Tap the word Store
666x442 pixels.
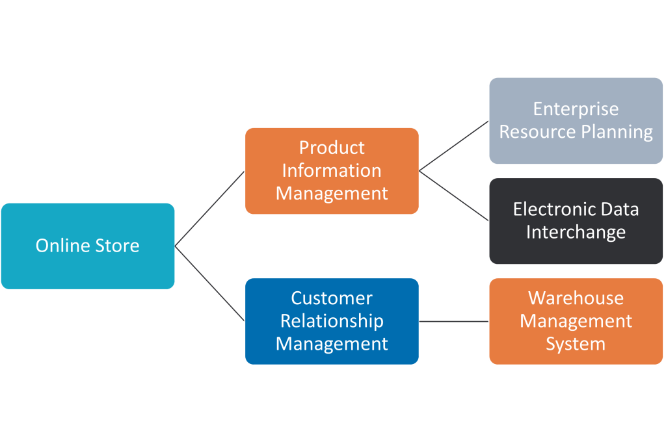coord(118,246)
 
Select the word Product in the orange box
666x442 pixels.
coord(332,148)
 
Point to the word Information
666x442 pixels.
coord(332,170)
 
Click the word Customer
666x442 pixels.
coord(332,298)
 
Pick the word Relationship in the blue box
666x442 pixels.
coord(332,321)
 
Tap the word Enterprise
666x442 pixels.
coord(576,109)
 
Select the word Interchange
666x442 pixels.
coord(576,232)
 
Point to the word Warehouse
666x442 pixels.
coord(576,298)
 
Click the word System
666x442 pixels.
coord(576,344)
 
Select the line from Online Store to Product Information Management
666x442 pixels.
coord(209,209)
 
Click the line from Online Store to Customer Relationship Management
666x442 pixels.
coord(209,283)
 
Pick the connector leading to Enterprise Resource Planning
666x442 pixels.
coord(454,146)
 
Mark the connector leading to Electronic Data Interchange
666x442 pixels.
coord(454,196)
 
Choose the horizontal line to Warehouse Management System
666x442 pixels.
coord(454,321)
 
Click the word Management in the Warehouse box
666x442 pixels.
coord(576,321)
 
